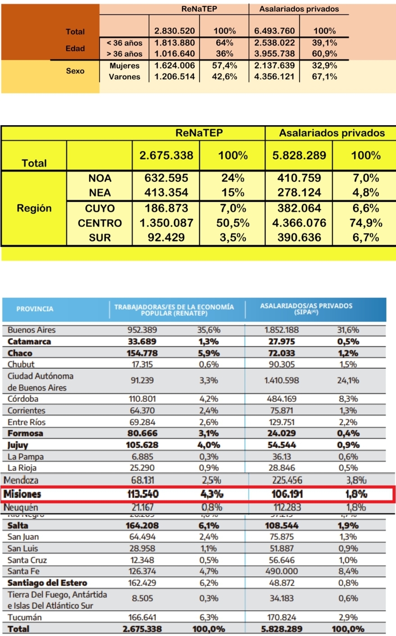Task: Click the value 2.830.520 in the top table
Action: point(174,31)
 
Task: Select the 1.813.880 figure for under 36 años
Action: point(174,43)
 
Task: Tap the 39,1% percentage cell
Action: point(324,43)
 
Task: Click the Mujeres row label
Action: point(124,66)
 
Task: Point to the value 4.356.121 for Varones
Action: point(274,77)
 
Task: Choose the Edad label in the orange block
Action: point(75,49)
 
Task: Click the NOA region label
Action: point(100,178)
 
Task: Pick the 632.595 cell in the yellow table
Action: point(166,178)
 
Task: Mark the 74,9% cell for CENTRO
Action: point(366,223)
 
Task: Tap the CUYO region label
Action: point(100,209)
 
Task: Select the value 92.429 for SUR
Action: point(166,237)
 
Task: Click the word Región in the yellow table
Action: point(34,209)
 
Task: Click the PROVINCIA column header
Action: point(35,309)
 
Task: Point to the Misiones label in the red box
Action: point(23,494)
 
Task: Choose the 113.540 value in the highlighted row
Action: point(143,494)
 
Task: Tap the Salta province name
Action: point(18,526)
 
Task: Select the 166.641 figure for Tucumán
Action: point(142,618)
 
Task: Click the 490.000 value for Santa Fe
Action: point(282,572)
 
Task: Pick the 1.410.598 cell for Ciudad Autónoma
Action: point(282,381)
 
